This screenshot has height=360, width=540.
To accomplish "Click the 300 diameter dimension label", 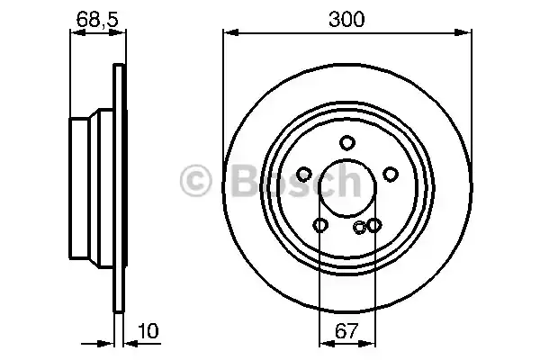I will click(x=347, y=19).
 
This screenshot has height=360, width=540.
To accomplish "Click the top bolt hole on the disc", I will click(x=347, y=142).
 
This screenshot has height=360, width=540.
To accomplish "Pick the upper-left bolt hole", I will click(x=304, y=174).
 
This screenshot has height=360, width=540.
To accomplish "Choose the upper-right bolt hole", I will click(x=391, y=174).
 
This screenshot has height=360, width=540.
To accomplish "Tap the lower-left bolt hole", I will click(x=320, y=225).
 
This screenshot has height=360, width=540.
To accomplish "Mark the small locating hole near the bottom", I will click(x=360, y=228).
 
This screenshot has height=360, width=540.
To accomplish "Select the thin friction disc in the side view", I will click(x=117, y=180).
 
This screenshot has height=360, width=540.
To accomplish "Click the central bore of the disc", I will click(x=347, y=189).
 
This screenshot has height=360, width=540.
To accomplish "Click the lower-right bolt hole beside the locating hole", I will click(x=373, y=225).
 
